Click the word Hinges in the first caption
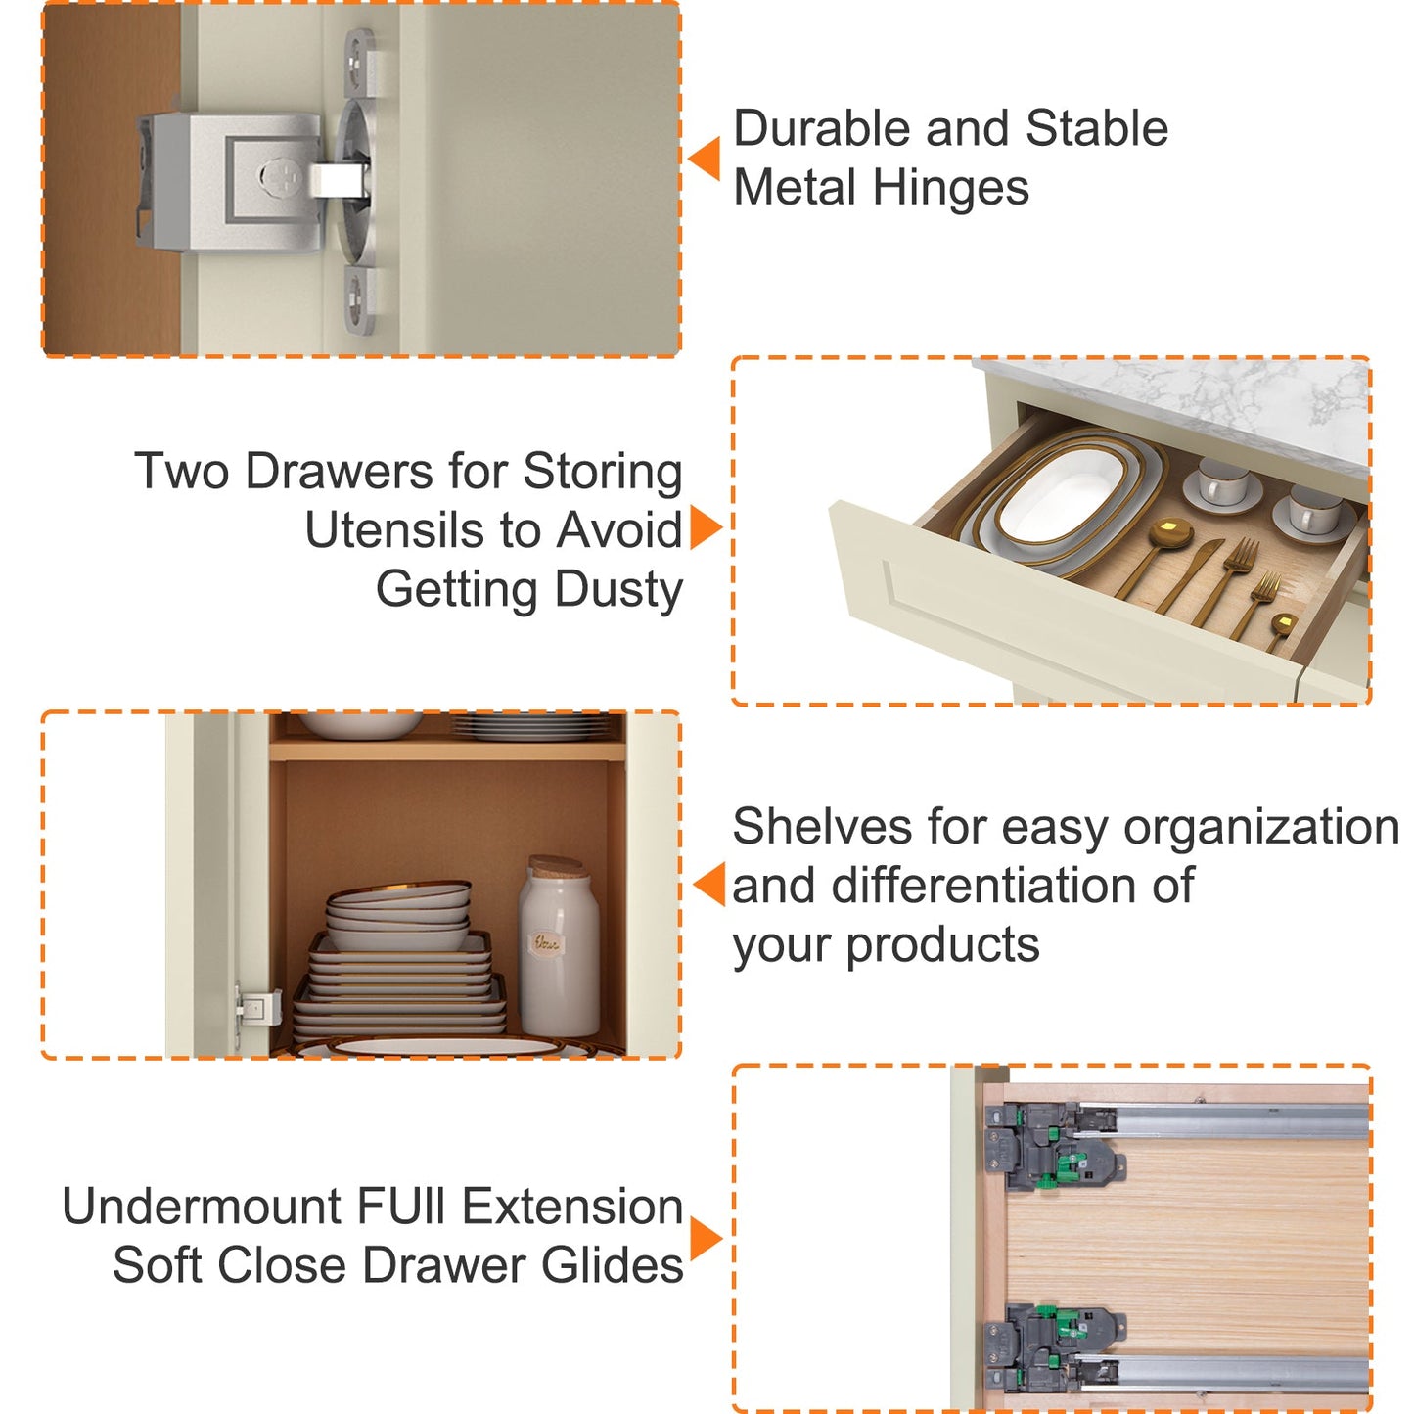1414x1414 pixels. (x=950, y=188)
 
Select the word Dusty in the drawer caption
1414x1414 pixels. (x=618, y=590)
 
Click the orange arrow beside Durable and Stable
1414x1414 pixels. (x=705, y=158)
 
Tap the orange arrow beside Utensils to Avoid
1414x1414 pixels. (x=706, y=526)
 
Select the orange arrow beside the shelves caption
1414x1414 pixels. (x=708, y=885)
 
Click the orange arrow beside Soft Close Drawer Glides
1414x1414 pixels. (x=706, y=1240)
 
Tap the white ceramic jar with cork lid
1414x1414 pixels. (x=559, y=946)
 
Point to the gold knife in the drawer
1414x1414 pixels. (x=1190, y=576)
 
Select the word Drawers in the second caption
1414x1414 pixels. (x=339, y=471)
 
